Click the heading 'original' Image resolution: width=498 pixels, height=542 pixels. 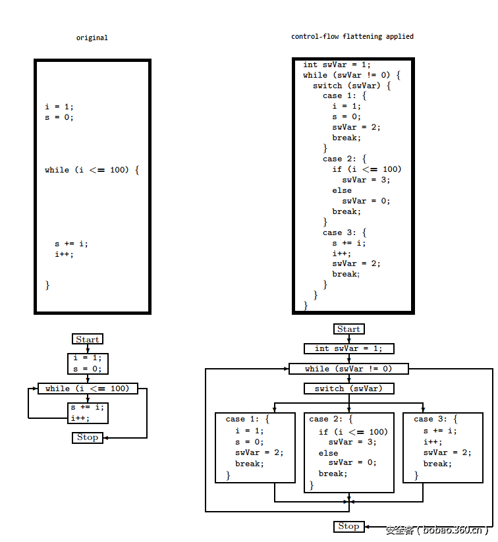(92, 38)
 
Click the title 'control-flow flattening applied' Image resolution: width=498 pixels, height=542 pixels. (352, 36)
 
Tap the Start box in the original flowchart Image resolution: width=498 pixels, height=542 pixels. (88, 339)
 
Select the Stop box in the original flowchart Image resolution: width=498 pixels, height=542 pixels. (88, 437)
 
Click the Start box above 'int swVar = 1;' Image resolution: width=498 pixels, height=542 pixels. (348, 329)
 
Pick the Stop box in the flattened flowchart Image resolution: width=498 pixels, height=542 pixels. (348, 526)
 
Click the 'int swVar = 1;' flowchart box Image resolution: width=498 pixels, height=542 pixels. (348, 348)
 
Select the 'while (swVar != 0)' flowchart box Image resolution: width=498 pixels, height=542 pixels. (348, 369)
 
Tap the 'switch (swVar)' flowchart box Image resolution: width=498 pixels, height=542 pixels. (348, 389)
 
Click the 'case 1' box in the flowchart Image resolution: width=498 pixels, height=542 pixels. (255, 447)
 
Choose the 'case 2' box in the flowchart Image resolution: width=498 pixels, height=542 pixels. (348, 452)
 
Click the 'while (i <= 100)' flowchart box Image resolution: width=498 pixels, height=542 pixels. (88, 389)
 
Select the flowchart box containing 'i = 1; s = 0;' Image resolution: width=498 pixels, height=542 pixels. (88, 364)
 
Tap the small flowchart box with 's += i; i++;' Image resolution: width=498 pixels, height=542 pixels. (88, 412)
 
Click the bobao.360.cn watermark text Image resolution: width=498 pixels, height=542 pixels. (437, 529)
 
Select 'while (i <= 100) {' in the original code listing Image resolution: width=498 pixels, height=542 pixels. (92, 170)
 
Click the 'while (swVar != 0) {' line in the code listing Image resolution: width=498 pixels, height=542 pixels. (352, 75)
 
